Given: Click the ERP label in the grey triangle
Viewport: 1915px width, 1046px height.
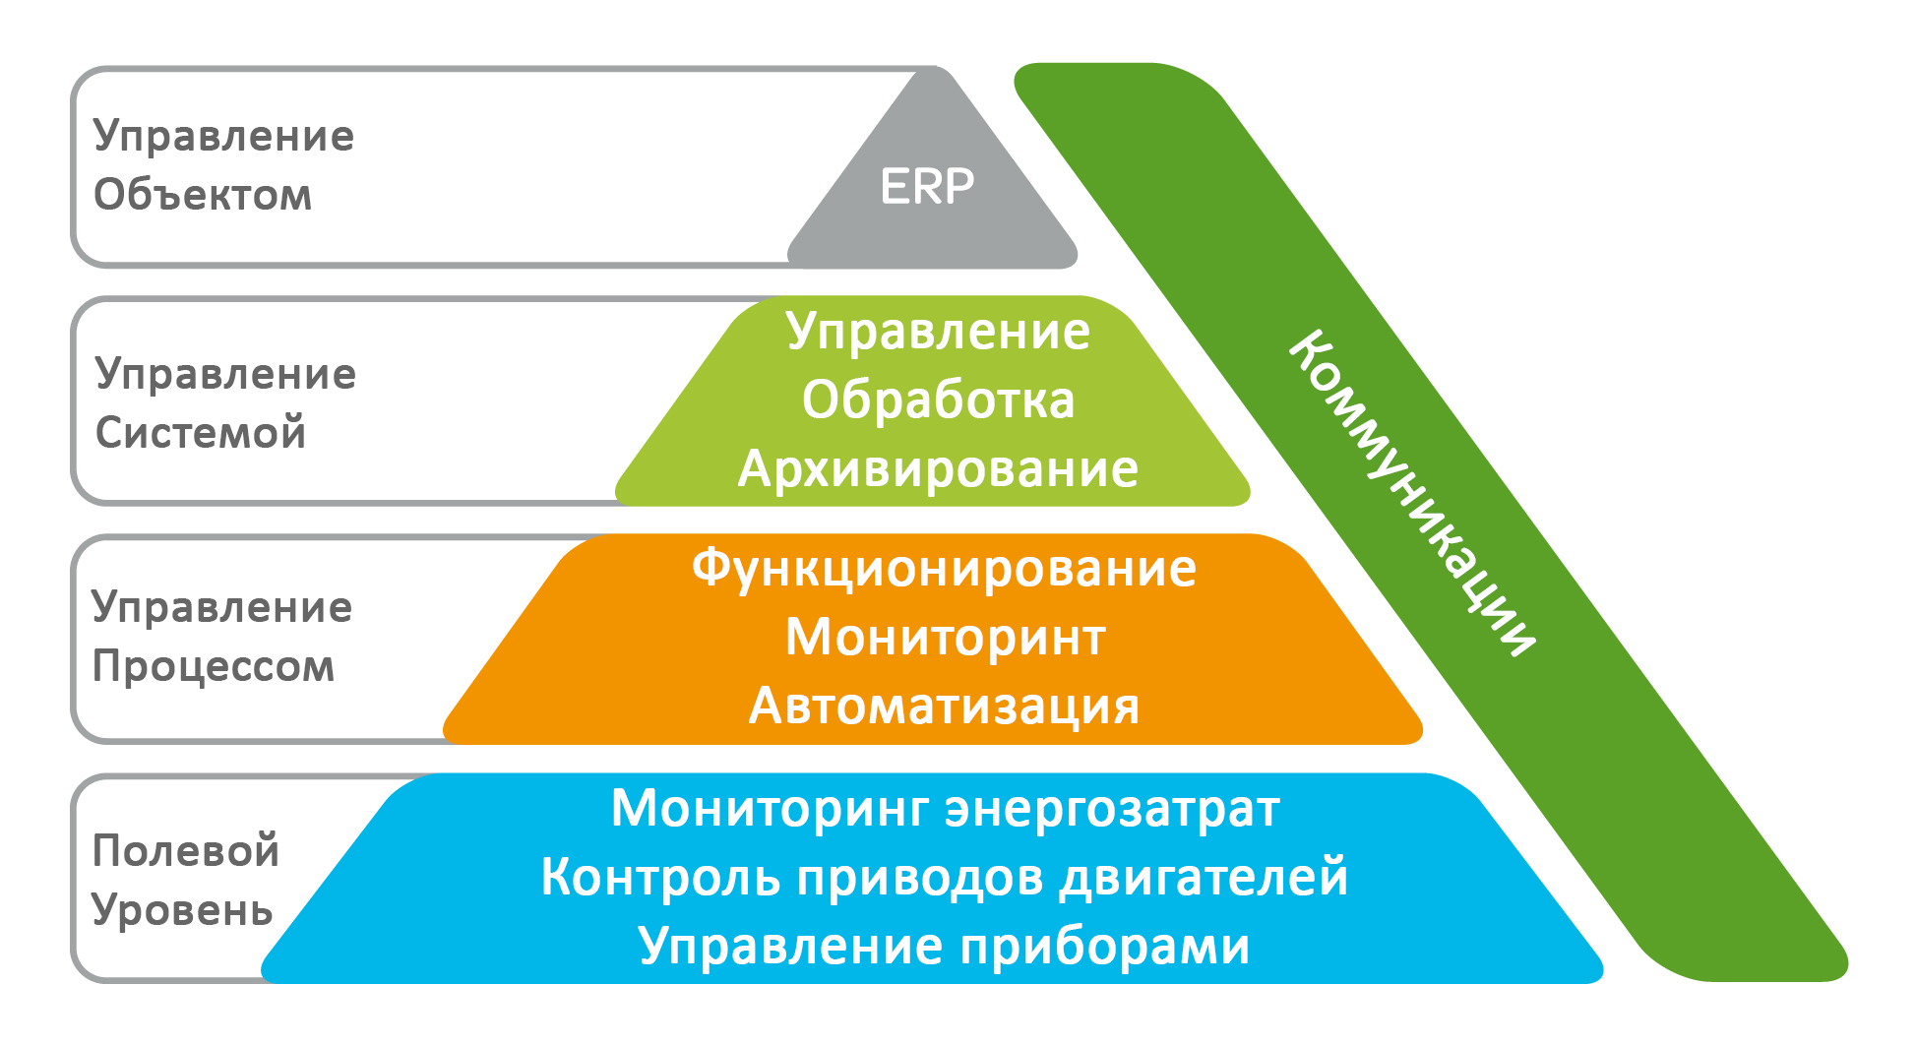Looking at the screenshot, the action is coord(927,186).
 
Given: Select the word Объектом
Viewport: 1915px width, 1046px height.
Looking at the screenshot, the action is coord(203,195).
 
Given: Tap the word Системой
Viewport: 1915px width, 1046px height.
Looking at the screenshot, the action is coord(201,432).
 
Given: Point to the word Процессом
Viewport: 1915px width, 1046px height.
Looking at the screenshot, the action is coord(214,667).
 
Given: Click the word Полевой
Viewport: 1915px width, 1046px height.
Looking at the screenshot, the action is coord(186,850).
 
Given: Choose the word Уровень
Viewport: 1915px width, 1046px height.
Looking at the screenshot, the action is coord(182,910).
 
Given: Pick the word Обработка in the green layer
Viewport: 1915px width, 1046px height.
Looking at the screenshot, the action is coord(938,400).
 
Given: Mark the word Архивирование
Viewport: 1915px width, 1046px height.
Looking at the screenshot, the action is coord(938,468).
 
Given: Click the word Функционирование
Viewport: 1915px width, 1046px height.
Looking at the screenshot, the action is coord(944,569).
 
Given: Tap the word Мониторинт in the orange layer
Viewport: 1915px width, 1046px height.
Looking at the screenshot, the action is coord(946,637).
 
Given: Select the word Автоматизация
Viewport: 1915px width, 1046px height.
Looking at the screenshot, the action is coord(944,706).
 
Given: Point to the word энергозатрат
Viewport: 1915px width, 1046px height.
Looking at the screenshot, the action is coord(1113,809).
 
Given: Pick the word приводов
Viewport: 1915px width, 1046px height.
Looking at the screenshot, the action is coord(920,877).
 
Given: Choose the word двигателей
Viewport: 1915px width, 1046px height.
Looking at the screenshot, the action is coord(1204,877).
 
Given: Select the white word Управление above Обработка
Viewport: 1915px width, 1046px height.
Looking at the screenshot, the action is coord(938,332).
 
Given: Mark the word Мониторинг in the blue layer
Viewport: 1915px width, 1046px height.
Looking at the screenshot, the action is coord(771,809).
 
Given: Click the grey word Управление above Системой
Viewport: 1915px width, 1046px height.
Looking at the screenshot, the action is coord(225,374).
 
